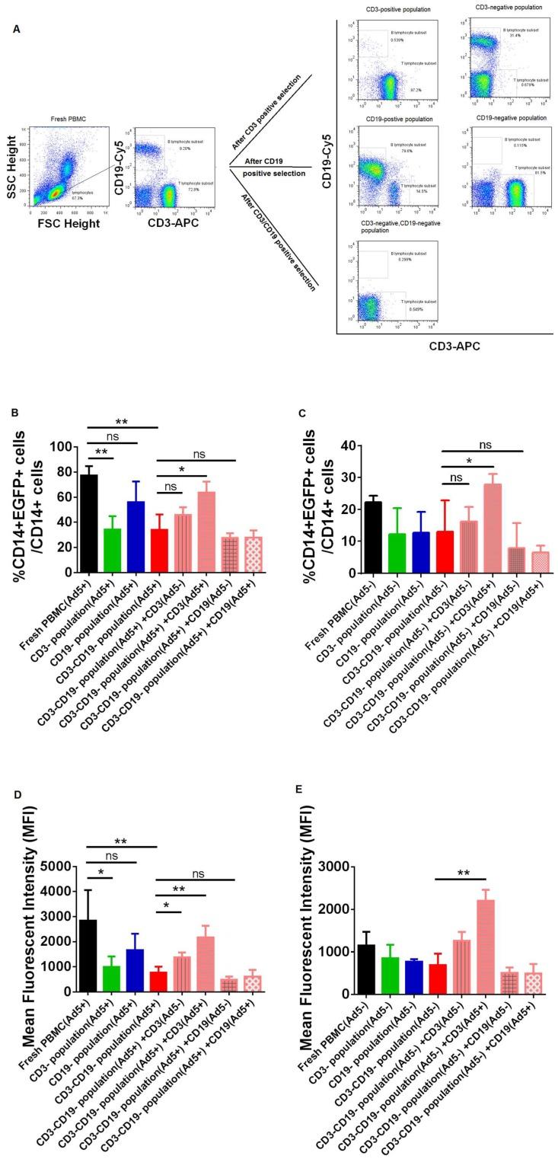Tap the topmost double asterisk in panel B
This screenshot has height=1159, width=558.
[x=121, y=421]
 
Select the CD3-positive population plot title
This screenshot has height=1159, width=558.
[x=387, y=10]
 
